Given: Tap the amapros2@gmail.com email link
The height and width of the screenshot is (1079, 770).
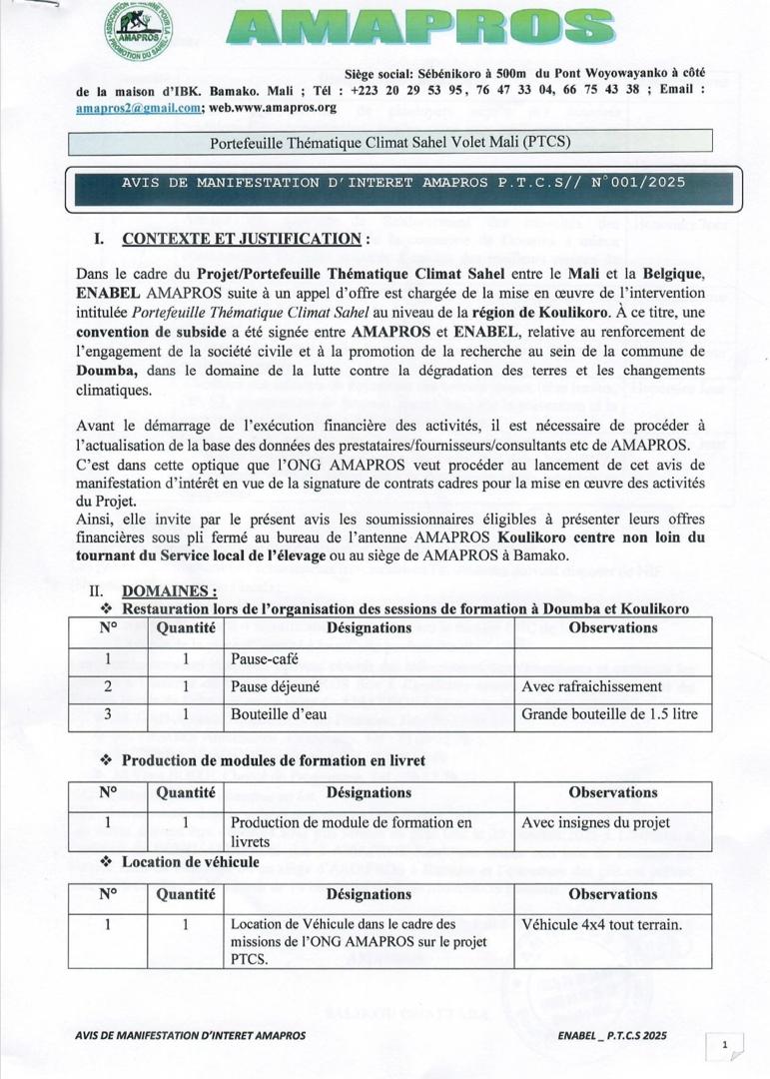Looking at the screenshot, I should (139, 106).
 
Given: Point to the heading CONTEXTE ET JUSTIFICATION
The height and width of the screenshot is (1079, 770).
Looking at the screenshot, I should (241, 240).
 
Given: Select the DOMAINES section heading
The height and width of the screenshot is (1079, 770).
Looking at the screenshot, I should (169, 591).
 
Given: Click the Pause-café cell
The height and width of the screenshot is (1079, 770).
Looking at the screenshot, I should (265, 659).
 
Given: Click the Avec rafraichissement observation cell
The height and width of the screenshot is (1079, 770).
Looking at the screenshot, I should (592, 687).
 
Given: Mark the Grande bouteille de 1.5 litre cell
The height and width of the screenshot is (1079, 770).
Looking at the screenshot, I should (609, 715).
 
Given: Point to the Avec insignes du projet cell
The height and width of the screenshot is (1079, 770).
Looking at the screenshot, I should (595, 823).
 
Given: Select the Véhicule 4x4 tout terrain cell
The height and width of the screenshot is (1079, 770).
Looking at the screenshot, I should (601, 924).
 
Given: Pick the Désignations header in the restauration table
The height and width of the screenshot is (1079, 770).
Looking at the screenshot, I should (369, 628).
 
